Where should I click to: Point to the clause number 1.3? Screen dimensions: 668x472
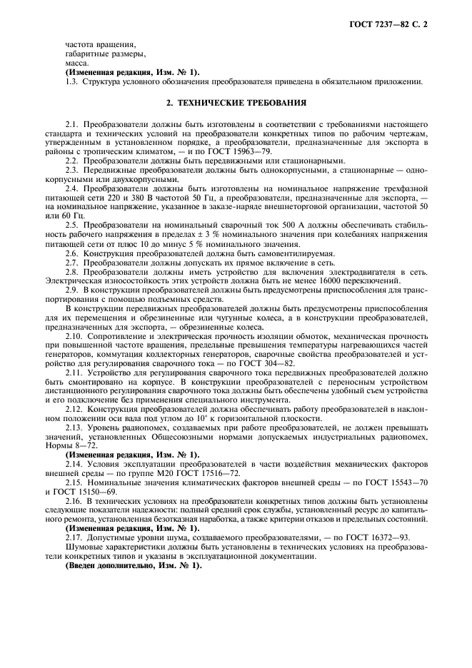(71, 81)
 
